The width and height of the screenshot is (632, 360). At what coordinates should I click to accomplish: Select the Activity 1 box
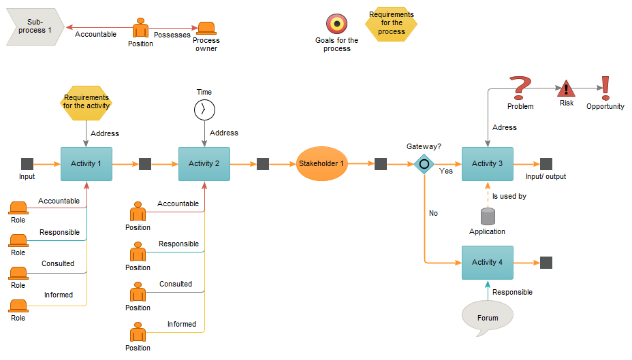(x=86, y=164)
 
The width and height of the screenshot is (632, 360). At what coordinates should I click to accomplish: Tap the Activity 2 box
(x=204, y=164)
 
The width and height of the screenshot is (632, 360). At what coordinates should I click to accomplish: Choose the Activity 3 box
(x=487, y=164)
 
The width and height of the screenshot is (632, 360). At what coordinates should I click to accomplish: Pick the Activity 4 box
(x=487, y=262)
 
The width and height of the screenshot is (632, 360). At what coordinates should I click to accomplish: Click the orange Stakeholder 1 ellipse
(x=322, y=164)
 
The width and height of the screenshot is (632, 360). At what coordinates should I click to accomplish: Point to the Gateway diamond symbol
(x=424, y=164)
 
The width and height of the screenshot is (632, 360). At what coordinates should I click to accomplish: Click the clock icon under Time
(x=204, y=110)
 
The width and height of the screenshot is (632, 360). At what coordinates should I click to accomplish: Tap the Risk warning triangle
(x=567, y=89)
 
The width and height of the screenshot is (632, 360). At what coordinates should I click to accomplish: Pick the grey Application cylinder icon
(x=488, y=216)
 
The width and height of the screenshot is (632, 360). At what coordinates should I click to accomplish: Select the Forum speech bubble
(x=487, y=317)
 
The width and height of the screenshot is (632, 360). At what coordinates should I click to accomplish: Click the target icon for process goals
(x=336, y=24)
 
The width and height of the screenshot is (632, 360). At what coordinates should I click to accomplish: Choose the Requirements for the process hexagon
(x=391, y=24)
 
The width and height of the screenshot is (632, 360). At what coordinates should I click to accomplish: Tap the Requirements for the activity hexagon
(x=86, y=102)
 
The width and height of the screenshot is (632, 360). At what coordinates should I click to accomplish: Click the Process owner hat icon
(x=206, y=29)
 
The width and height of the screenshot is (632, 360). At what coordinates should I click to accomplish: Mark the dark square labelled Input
(x=27, y=164)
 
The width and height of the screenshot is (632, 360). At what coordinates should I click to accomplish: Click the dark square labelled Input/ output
(x=546, y=164)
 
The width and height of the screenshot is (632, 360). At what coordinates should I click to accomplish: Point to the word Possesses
(x=172, y=35)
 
